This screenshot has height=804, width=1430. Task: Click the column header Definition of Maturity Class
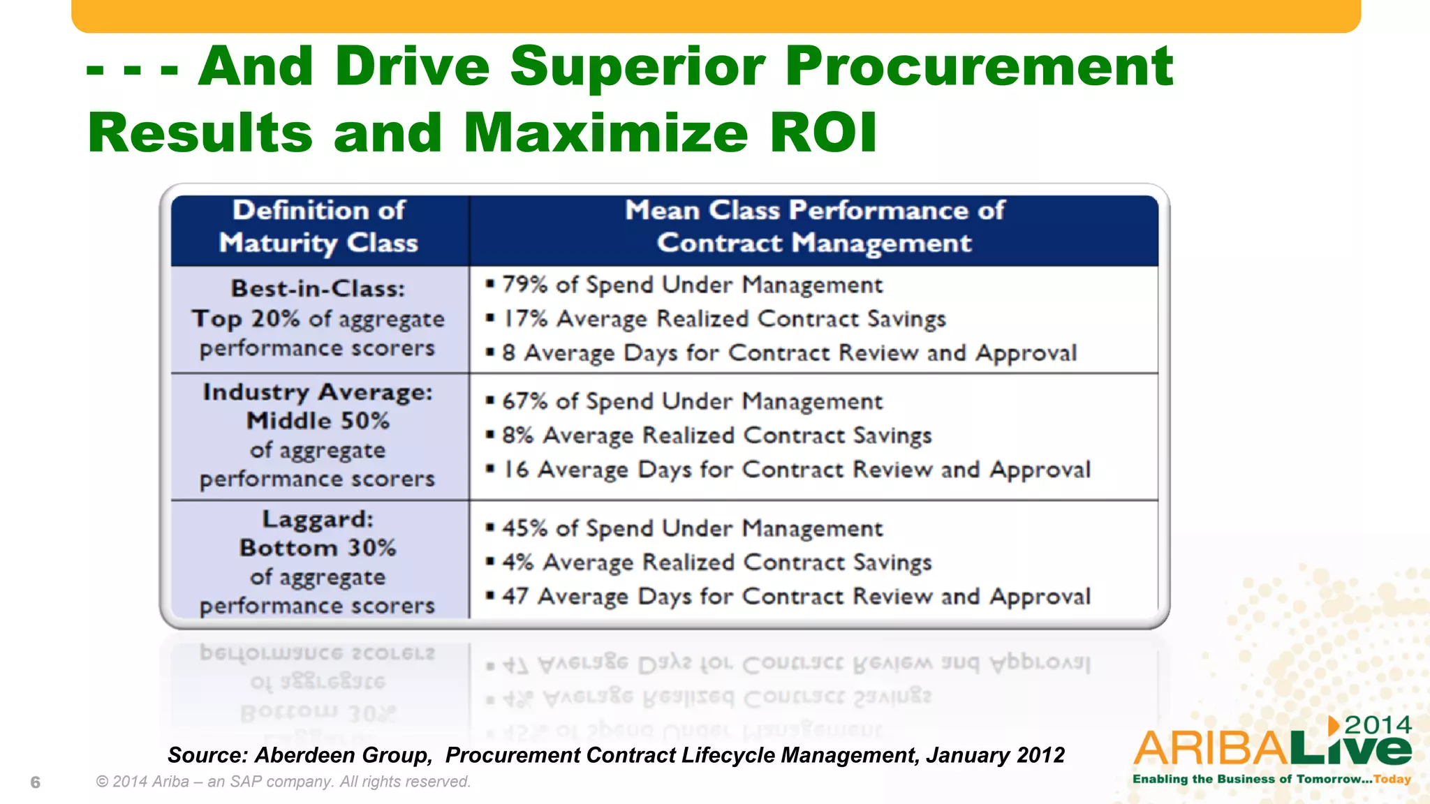(318, 227)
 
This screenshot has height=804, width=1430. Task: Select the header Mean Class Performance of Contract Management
(813, 227)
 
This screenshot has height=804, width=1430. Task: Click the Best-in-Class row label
(318, 289)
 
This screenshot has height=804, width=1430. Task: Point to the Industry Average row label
(318, 392)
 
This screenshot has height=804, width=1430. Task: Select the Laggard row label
(318, 519)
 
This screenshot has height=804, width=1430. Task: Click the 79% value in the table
(524, 285)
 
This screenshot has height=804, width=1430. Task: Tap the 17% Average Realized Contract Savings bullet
(723, 319)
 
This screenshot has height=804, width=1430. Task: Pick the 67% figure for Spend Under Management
(524, 401)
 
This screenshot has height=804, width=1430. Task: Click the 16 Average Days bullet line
(796, 470)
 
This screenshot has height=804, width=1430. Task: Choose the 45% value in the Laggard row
(524, 528)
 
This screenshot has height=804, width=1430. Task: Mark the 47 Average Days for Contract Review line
(796, 597)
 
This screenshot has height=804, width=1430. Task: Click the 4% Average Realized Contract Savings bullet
(716, 563)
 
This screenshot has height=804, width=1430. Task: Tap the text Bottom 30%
(318, 548)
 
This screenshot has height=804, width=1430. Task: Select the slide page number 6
(36, 782)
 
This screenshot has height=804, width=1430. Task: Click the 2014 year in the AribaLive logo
(1378, 725)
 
